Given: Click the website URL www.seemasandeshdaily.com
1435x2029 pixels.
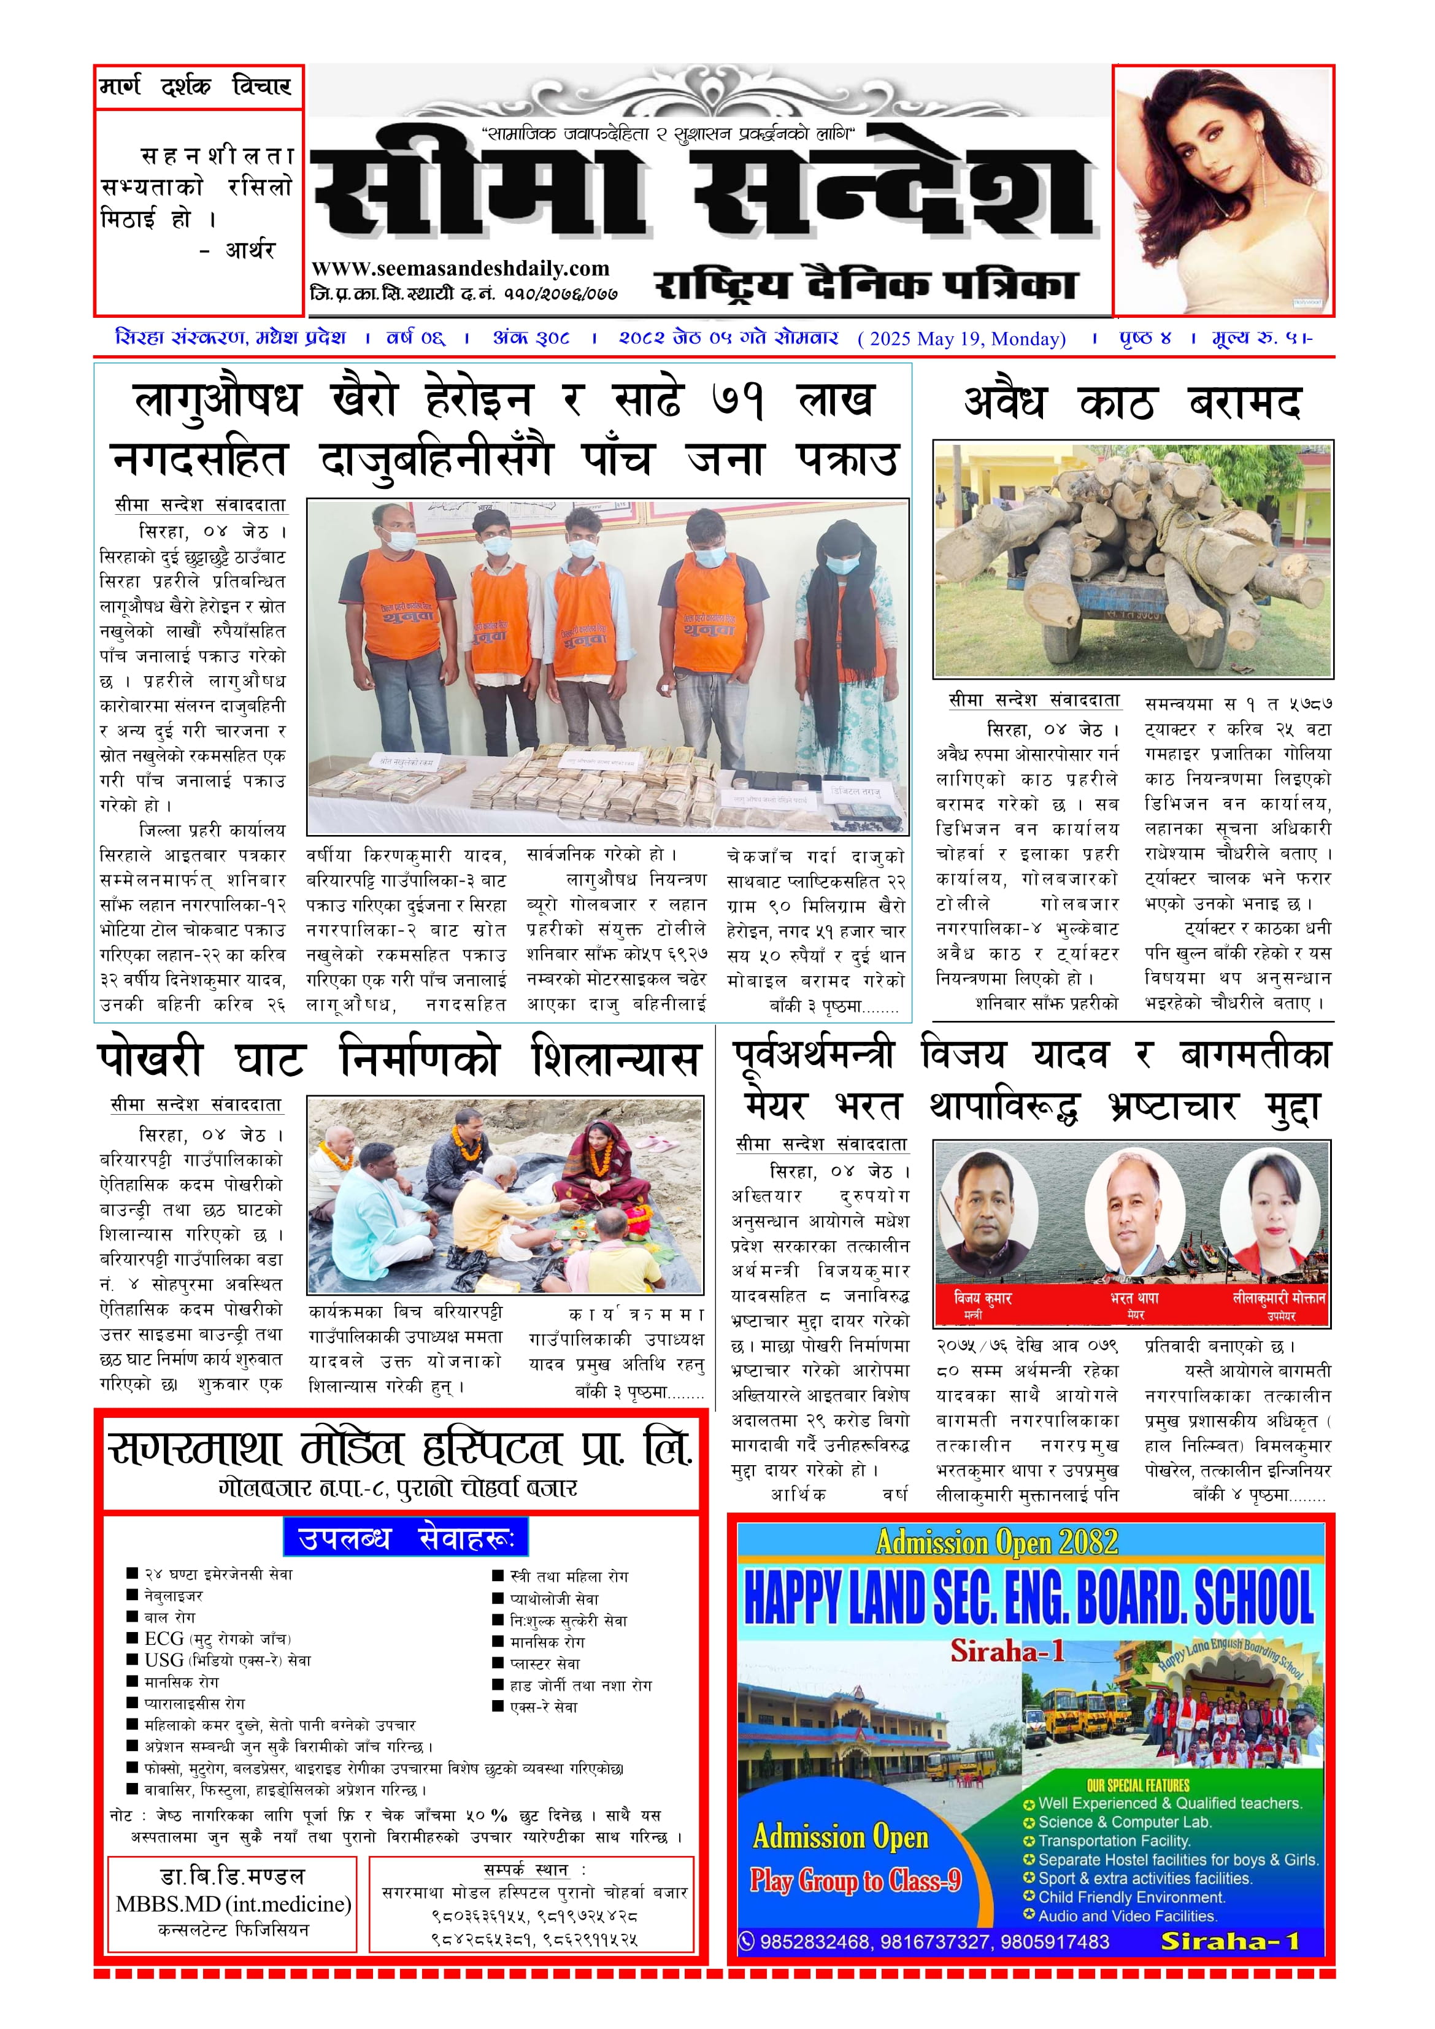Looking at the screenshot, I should coord(460,269).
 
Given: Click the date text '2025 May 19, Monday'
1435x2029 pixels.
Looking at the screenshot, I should coord(962,339).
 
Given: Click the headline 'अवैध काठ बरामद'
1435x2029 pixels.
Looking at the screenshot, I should coord(1132,403).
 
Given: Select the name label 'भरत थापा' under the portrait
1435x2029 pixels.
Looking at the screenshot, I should coord(1134,1298).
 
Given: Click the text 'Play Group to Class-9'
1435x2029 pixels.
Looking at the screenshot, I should coord(855,1881).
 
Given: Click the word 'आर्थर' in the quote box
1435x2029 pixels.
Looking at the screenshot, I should coord(250,250).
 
